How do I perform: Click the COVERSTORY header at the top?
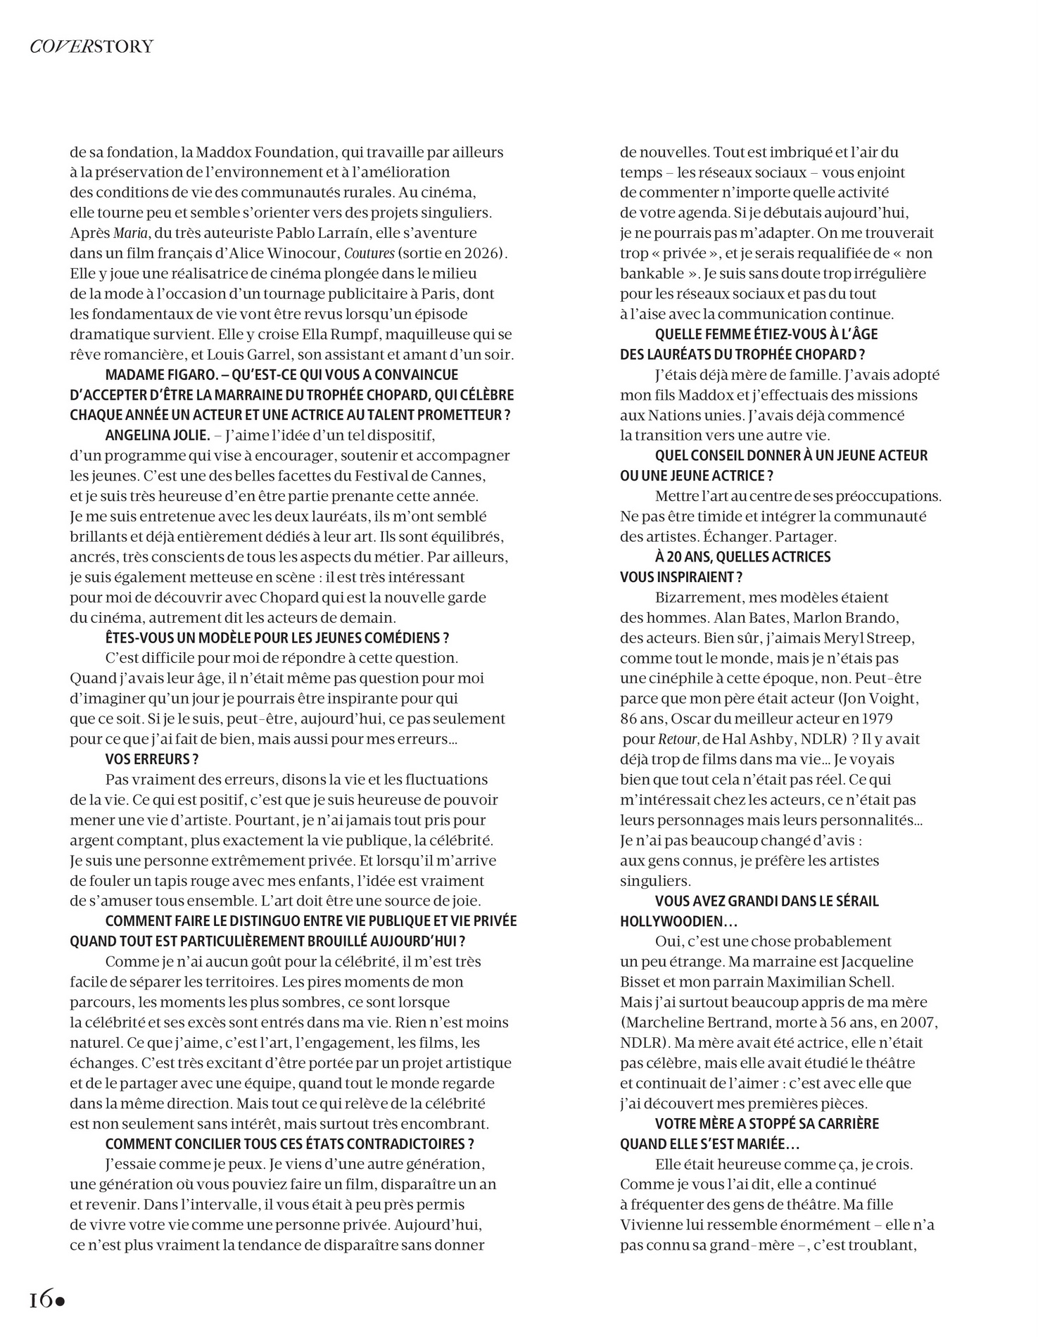click(91, 47)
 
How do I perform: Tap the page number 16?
click(40, 1299)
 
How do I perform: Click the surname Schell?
click(869, 982)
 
